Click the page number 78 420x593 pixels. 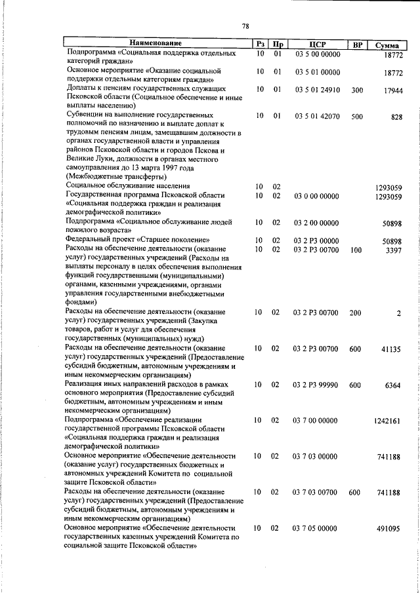(x=245, y=26)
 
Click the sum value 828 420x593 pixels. (x=396, y=117)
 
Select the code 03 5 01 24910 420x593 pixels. (x=318, y=88)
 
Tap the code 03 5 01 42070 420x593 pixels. (x=318, y=116)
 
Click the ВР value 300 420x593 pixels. (x=357, y=89)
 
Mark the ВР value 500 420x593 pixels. (x=357, y=116)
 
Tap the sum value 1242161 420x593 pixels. (x=388, y=421)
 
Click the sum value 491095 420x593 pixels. (x=389, y=529)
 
